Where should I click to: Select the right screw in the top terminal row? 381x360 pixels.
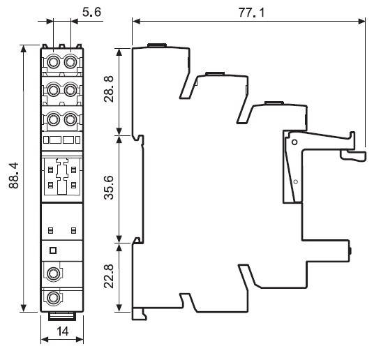pyautogui.click(x=70, y=62)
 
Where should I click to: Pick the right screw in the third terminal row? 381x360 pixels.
pyautogui.click(x=70, y=119)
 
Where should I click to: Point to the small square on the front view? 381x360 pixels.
pyautogui.click(x=52, y=250)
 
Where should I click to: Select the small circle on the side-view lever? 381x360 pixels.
pyautogui.click(x=295, y=181)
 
